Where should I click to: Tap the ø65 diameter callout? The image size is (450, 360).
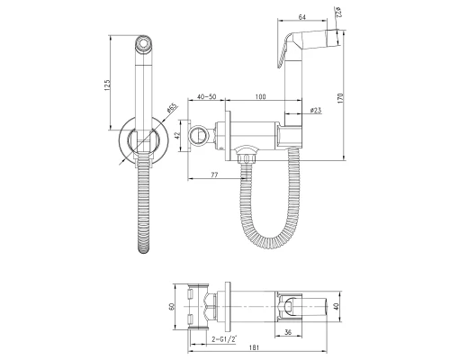[x=172, y=108]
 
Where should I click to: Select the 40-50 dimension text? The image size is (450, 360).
[x=206, y=96]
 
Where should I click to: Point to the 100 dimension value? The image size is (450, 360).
[x=260, y=96]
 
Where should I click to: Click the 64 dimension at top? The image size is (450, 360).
[x=301, y=17]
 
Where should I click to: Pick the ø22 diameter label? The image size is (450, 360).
[x=338, y=13]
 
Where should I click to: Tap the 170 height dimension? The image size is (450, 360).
[x=339, y=98]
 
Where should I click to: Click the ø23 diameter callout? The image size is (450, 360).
[x=316, y=111]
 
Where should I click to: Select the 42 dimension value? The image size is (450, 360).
[x=176, y=136]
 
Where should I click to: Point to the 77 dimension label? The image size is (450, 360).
[x=214, y=175]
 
